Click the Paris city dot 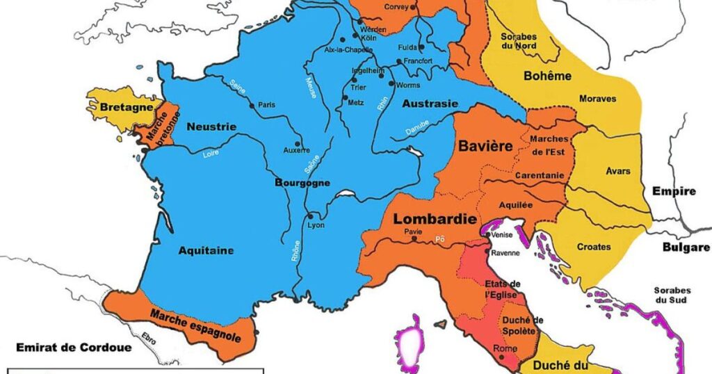[251, 105]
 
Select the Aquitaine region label [206, 250]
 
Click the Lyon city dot [310, 217]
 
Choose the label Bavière [485, 147]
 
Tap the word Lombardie [435, 219]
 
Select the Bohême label [549, 76]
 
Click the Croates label [594, 247]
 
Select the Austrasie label [430, 104]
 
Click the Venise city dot [487, 235]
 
